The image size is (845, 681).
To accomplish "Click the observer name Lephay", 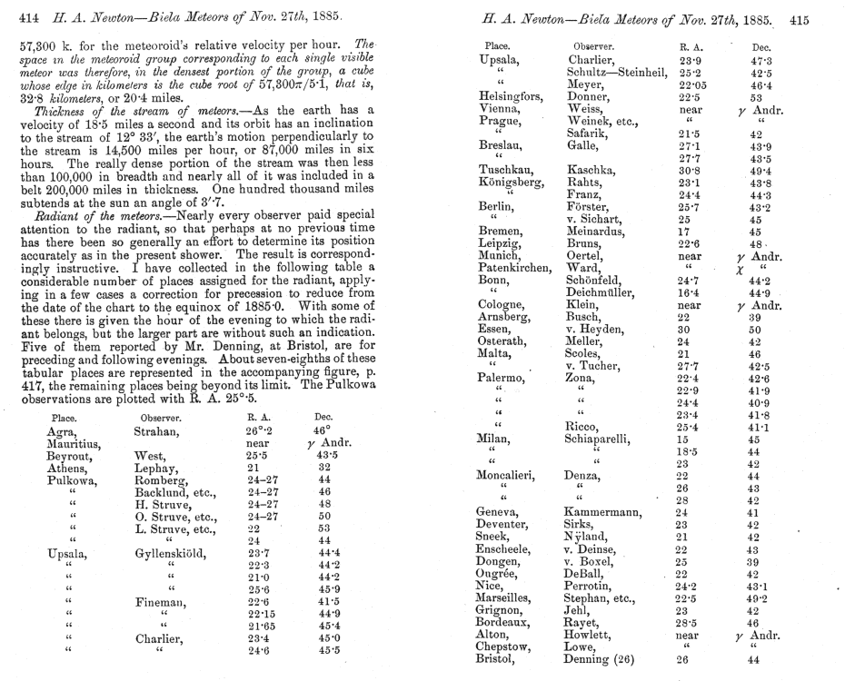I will [x=157, y=468].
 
